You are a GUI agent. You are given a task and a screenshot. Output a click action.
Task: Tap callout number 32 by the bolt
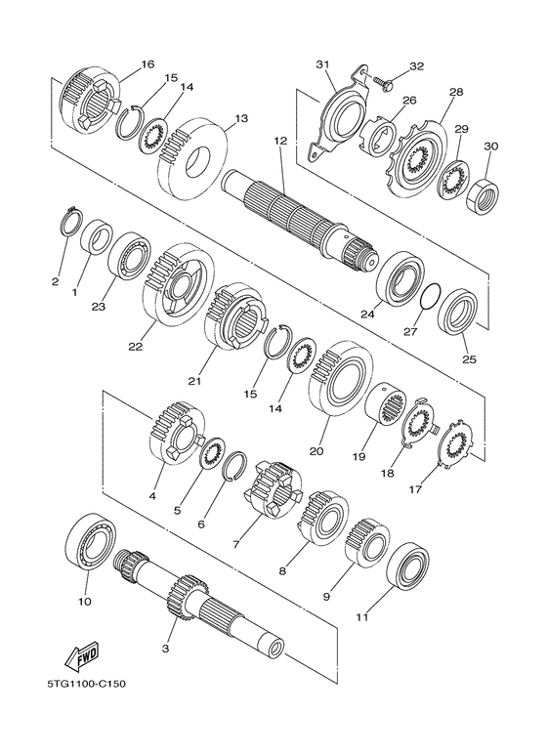(417, 66)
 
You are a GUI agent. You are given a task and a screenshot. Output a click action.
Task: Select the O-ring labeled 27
(431, 293)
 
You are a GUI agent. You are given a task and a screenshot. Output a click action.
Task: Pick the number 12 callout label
(280, 142)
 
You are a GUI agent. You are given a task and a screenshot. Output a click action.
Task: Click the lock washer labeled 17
(453, 448)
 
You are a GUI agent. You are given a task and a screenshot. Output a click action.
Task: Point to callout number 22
(135, 346)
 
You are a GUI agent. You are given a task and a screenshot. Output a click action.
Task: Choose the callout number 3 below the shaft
(166, 648)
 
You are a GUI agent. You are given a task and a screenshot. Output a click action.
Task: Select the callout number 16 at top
(147, 64)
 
